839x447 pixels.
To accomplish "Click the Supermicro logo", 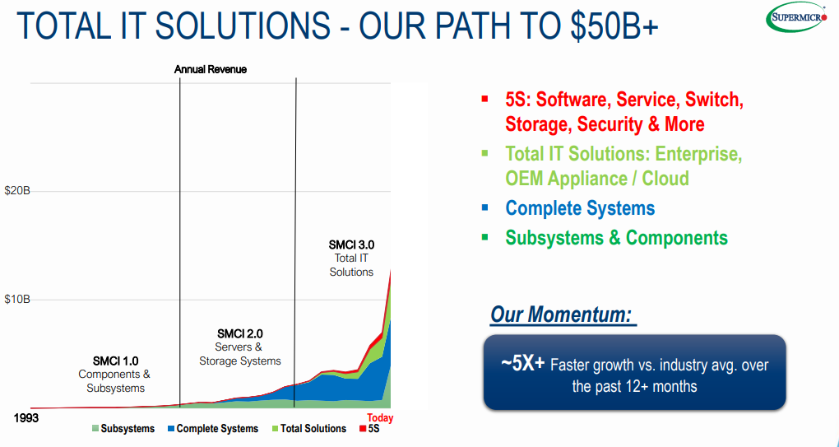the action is (x=797, y=16).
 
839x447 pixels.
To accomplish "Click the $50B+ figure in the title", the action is (x=614, y=26).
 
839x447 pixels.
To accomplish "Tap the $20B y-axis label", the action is (x=17, y=191).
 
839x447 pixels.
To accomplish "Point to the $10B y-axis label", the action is (x=17, y=300).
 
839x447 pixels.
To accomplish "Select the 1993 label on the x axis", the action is (x=26, y=417).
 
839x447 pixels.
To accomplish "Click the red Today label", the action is (x=380, y=418).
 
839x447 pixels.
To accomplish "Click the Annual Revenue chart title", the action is (x=211, y=70).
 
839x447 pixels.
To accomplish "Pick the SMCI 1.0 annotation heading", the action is (x=116, y=361).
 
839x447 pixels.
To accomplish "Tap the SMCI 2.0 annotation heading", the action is (x=239, y=334).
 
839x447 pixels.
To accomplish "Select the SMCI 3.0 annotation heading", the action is (x=351, y=245).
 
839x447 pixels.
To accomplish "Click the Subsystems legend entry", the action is (x=123, y=428).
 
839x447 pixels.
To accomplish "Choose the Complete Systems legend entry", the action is (x=213, y=428).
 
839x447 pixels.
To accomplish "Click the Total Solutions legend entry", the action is (x=309, y=428).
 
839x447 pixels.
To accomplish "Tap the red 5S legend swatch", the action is (x=362, y=428).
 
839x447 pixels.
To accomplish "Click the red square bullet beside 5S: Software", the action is (x=484, y=99).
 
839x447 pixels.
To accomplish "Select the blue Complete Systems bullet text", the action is (x=580, y=207).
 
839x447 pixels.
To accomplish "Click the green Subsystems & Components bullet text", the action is (x=616, y=237).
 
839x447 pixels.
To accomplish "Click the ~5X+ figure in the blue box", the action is (x=523, y=364).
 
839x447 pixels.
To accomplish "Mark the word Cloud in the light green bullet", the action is (x=665, y=178).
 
